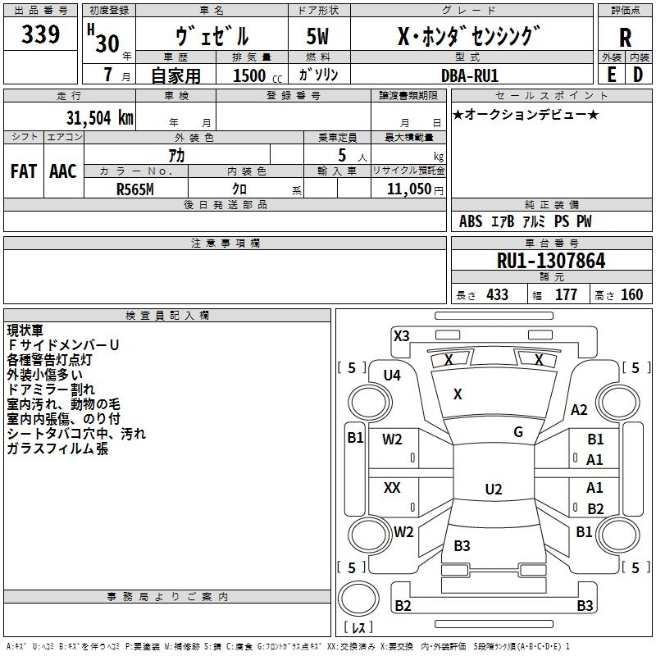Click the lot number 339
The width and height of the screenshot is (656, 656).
(41, 35)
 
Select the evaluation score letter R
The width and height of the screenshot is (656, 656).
(625, 37)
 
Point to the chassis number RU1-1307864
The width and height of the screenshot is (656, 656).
(551, 262)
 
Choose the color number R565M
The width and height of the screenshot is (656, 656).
(135, 189)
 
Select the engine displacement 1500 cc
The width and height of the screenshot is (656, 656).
(249, 75)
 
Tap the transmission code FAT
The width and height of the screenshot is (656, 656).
(23, 171)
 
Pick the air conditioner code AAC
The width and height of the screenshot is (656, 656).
(62, 171)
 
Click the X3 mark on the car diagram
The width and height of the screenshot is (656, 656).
(402, 335)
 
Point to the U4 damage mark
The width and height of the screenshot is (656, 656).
(392, 376)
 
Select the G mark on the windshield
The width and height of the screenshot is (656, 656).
(518, 432)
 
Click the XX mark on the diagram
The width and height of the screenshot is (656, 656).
(392, 488)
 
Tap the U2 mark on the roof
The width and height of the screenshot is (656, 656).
(493, 490)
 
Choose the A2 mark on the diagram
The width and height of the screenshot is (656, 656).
(580, 410)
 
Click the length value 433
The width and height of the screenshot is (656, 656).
(497, 295)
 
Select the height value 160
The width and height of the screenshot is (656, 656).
(631, 295)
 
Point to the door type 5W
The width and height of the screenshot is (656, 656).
(319, 37)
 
